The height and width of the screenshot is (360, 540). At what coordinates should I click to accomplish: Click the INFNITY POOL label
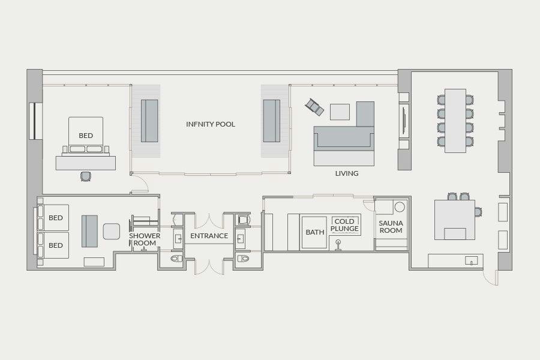(x=211, y=124)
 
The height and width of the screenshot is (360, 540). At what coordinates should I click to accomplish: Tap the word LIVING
(x=347, y=173)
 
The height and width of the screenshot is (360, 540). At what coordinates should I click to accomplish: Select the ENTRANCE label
(x=209, y=236)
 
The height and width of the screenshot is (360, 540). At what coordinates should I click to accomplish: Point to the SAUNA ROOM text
(x=391, y=227)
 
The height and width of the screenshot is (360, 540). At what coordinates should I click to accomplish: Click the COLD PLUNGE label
(x=345, y=225)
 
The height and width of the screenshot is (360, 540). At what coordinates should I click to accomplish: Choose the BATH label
(x=315, y=232)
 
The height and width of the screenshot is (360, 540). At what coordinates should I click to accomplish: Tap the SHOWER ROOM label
(x=145, y=239)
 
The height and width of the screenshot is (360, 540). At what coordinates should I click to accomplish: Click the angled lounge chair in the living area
(x=314, y=107)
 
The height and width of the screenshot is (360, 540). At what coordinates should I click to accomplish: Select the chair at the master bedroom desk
(x=85, y=176)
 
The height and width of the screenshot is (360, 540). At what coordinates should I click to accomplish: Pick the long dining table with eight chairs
(x=455, y=121)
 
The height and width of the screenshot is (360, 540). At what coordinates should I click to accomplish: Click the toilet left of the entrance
(x=176, y=259)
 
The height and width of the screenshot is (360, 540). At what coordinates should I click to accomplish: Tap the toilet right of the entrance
(x=243, y=259)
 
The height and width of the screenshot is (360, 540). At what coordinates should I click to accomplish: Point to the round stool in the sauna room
(x=400, y=207)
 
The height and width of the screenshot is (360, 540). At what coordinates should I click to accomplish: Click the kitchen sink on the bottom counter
(x=471, y=261)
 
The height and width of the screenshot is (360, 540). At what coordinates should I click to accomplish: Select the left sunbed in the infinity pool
(x=149, y=121)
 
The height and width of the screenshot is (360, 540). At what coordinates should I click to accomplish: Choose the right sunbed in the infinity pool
(x=272, y=121)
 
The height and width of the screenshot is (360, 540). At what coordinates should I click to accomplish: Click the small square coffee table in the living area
(x=340, y=112)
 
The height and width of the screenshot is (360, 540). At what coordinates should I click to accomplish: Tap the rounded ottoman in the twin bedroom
(x=112, y=232)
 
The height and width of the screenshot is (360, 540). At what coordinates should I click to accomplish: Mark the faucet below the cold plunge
(x=338, y=245)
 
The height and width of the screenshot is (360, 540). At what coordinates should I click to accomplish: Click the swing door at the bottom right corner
(x=490, y=277)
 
